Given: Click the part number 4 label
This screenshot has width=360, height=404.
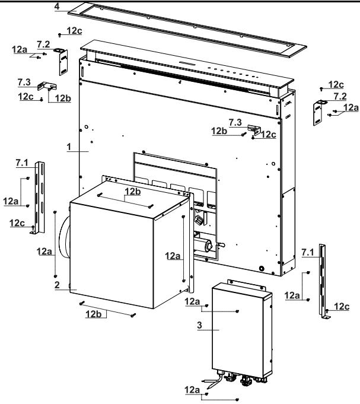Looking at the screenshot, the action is click(x=57, y=6).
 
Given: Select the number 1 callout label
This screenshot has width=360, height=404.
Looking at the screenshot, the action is click(x=69, y=147).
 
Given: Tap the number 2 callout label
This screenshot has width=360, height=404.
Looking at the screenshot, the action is click(x=57, y=285).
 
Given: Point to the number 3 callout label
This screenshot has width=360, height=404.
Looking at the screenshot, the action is click(x=200, y=325).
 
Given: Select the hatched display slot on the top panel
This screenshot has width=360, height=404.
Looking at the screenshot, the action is click(x=187, y=63).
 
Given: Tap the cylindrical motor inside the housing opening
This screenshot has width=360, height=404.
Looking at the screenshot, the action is click(x=203, y=244).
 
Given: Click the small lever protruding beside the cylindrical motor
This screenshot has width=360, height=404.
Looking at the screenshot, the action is click(x=221, y=244).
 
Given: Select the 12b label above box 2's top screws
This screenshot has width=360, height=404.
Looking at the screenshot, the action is click(x=133, y=192).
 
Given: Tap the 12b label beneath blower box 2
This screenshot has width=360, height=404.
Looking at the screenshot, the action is click(x=94, y=314).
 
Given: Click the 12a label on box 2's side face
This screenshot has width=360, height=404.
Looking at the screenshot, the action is click(x=173, y=256).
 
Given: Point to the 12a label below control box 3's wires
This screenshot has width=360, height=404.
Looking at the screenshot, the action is click(x=192, y=390).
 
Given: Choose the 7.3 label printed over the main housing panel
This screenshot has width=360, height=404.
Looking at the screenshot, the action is click(x=235, y=122).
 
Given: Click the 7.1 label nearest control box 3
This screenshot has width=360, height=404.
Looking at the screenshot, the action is click(x=308, y=253).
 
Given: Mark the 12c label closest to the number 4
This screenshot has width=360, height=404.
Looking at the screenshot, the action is click(x=74, y=31).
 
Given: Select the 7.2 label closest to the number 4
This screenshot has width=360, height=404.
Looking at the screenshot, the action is click(x=43, y=44).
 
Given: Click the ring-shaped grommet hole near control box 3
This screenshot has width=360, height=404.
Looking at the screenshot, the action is click(x=262, y=268).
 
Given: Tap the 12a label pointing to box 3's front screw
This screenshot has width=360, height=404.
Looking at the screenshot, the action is click(x=192, y=301).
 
